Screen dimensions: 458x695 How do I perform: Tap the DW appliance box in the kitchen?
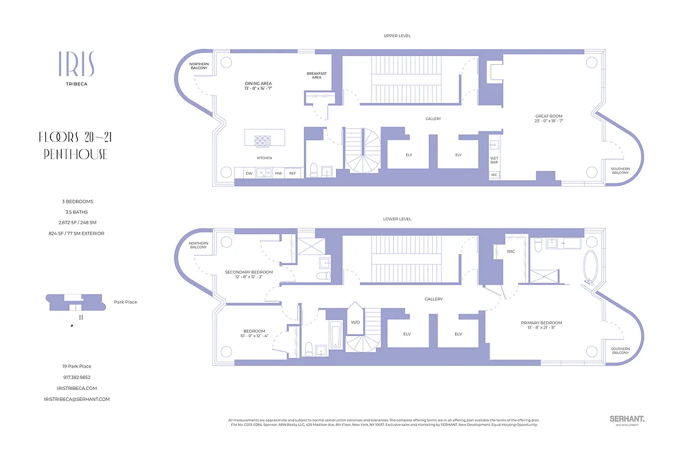click(249, 173)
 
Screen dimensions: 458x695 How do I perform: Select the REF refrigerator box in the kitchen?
click(293, 173)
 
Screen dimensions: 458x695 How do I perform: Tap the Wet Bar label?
click(494, 160)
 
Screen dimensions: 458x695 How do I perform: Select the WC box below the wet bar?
click(494, 175)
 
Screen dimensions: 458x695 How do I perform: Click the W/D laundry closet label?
click(355, 322)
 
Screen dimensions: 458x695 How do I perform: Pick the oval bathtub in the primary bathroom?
click(589, 267)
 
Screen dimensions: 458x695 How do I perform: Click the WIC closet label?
click(511, 251)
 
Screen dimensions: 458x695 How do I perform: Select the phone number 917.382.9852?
click(77, 377)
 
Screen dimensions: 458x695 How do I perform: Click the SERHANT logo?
click(627, 420)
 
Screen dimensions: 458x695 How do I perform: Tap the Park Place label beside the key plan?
click(125, 302)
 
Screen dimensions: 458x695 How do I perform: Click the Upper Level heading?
click(397, 36)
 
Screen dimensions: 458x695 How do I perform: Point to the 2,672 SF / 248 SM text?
click(77, 223)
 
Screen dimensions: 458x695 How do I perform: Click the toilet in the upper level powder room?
click(313, 170)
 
